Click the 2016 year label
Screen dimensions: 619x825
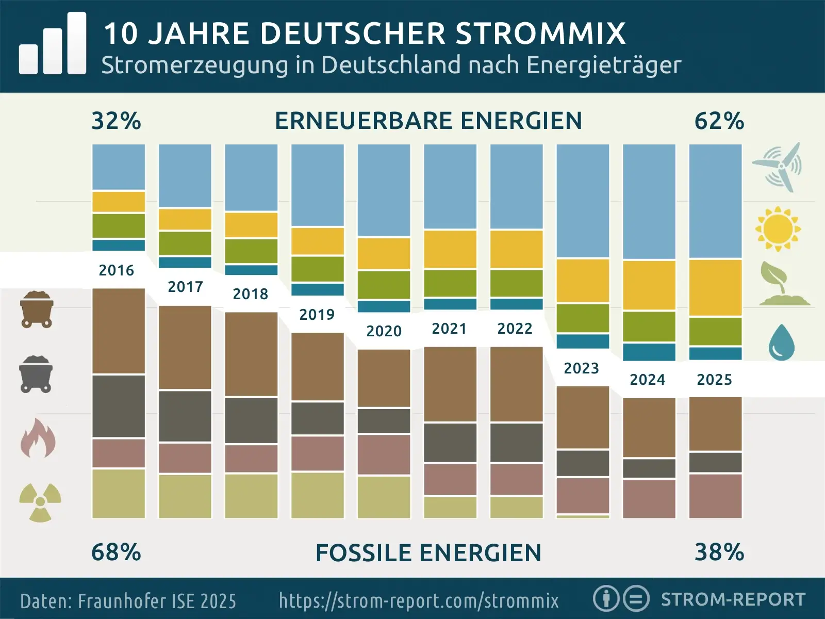[x=116, y=270]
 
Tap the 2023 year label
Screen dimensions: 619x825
[x=581, y=368]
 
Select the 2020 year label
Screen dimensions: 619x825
[x=384, y=331]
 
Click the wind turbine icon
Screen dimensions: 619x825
[x=778, y=167]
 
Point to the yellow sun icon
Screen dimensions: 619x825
[x=778, y=229]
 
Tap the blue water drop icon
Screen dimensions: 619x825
[x=781, y=343]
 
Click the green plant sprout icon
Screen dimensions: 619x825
[x=783, y=284]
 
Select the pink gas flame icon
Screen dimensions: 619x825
[x=38, y=438]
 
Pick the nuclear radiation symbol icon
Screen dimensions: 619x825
[x=40, y=502]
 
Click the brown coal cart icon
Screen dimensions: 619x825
[x=37, y=309]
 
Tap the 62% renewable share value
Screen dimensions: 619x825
[x=719, y=121]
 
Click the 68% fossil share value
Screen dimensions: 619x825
[x=116, y=552]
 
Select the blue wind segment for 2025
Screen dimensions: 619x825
[x=715, y=201]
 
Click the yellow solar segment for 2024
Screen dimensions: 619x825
[x=649, y=285]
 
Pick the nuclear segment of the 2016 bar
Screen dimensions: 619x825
[x=119, y=493]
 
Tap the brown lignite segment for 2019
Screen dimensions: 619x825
[x=318, y=366]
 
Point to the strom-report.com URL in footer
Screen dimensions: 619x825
[x=419, y=600]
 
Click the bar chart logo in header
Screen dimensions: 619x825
[x=53, y=44]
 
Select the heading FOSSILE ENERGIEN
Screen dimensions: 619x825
[x=428, y=553]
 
